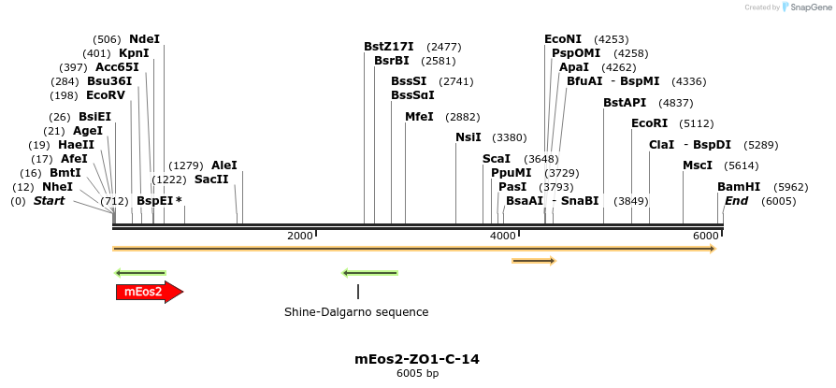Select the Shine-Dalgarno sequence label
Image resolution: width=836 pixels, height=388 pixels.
coord(356,312)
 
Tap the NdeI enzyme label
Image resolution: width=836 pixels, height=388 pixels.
coord(145,39)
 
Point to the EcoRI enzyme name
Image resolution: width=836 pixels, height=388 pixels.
coord(650,123)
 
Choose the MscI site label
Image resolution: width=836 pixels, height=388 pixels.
coord(698,165)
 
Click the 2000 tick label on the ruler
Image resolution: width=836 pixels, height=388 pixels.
coord(300,236)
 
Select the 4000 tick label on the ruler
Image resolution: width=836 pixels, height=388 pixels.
coord(503,236)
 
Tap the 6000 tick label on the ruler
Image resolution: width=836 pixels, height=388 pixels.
coord(706,236)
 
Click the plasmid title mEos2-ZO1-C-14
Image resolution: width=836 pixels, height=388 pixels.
coord(417,358)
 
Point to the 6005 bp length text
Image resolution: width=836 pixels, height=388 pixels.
coord(417,374)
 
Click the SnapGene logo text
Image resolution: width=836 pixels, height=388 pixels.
coord(810,7)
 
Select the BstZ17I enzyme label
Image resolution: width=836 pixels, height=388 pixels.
coord(389,47)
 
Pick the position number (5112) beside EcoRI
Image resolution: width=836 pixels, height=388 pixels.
coord(697,123)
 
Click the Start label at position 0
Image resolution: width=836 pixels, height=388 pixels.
coord(50,201)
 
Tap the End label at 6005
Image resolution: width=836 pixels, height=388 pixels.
coord(736,201)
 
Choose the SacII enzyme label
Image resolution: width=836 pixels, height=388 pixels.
coord(211,180)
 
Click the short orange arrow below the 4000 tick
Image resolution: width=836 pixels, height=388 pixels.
coord(534,261)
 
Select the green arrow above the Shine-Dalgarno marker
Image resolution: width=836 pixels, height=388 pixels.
coord(370,273)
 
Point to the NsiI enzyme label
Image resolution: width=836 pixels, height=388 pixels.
coord(468,137)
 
